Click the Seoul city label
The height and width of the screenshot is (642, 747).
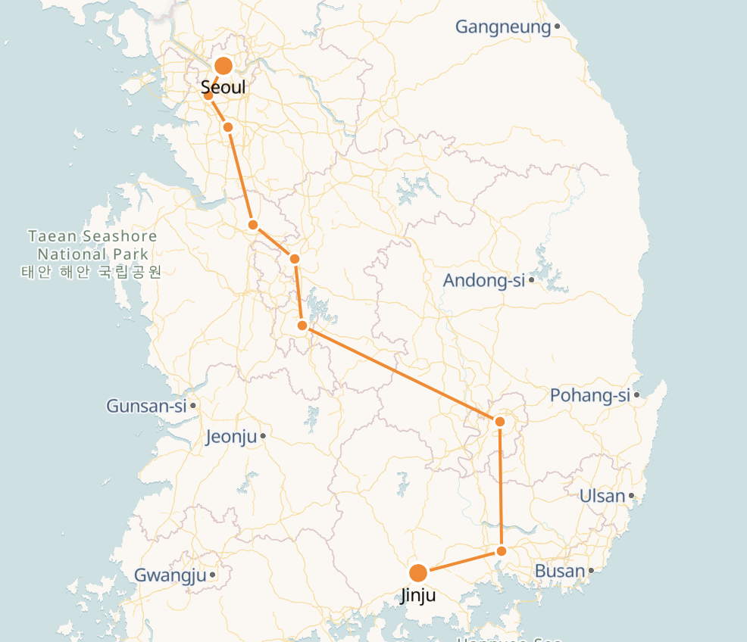pos(223,89)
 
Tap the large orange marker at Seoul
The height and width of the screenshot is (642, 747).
pos(223,66)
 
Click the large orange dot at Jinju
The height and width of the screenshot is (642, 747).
pos(417,573)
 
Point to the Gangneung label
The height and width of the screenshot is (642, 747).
pos(502,27)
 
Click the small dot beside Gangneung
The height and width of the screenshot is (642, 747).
pos(557,26)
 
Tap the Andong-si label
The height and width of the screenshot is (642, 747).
pos(483,281)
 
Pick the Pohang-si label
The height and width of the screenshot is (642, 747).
pos(589,395)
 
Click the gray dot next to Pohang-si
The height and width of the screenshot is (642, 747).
pos(637,394)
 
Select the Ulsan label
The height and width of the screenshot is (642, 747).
pos(602,497)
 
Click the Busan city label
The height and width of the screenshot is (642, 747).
pos(560,571)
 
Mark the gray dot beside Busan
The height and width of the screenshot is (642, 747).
pos(591,570)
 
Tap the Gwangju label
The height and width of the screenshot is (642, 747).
pos(170,575)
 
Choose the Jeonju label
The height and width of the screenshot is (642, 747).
pos(231,437)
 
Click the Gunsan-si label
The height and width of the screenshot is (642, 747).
pos(146,406)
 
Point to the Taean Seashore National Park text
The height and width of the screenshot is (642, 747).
pos(92,245)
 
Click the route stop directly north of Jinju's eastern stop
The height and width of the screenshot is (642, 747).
pos(500,421)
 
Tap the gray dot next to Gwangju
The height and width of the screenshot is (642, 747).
pos(213,575)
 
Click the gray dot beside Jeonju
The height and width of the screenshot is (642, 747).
pos(263,436)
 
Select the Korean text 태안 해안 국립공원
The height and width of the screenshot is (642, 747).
pos(92,271)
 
